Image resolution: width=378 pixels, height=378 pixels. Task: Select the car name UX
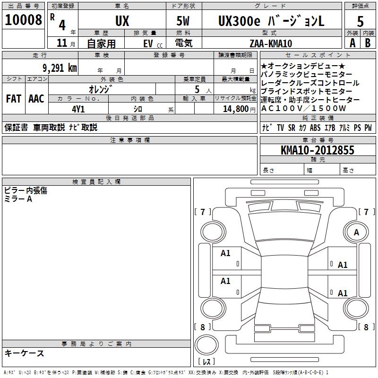coord(122,21)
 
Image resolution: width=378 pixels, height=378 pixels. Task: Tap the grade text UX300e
coord(237,21)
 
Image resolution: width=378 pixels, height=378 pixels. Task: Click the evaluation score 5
coord(360,21)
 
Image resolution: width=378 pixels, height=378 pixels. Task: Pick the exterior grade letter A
coord(352,43)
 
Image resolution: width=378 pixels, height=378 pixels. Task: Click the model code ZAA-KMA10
coord(271,43)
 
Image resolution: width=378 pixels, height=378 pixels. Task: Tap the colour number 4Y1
coord(78,109)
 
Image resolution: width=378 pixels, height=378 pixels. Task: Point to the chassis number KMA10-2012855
coord(317,150)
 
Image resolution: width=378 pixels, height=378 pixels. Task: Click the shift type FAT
coord(13,99)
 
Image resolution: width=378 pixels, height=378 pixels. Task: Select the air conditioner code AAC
coord(36,99)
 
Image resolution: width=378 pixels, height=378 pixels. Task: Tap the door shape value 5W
coord(183,21)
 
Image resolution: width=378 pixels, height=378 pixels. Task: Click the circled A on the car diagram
coord(356,232)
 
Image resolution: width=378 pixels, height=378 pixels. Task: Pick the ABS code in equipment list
coord(315,128)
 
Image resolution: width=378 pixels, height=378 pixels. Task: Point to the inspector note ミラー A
coord(18,199)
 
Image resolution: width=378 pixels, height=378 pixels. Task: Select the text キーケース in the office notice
coord(24,353)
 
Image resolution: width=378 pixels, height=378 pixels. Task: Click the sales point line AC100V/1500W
coord(304,108)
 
